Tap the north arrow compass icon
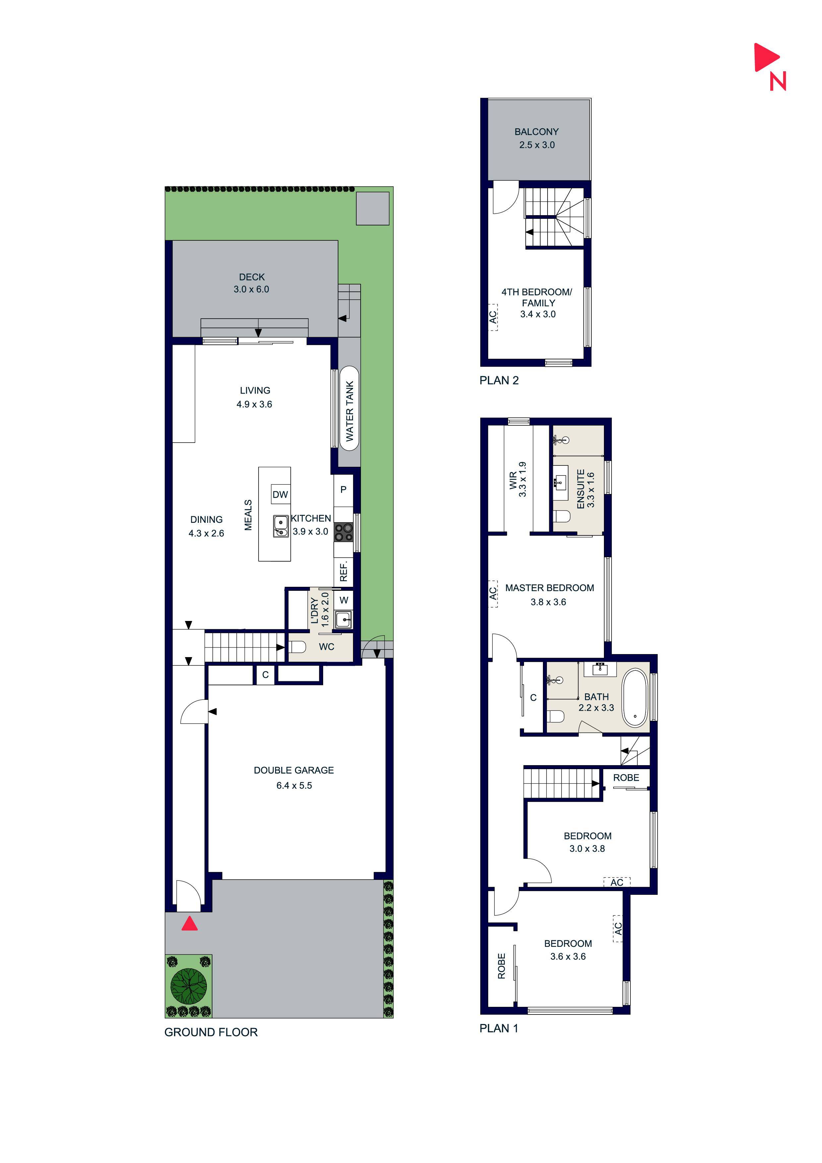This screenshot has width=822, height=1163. pyautogui.click(x=770, y=66)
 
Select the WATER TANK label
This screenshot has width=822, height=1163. pyautogui.click(x=349, y=411)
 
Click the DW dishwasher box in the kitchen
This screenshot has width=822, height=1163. pyautogui.click(x=280, y=494)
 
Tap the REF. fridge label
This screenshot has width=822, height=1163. pyautogui.click(x=343, y=571)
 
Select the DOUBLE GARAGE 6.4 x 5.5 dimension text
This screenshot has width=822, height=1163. pyautogui.click(x=294, y=785)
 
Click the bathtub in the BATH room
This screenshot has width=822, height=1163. pyautogui.click(x=635, y=698)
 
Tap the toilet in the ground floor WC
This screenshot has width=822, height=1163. pyautogui.click(x=297, y=647)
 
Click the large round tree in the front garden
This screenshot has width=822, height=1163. pyautogui.click(x=188, y=986)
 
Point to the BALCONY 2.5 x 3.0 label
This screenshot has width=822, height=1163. pyautogui.click(x=536, y=138)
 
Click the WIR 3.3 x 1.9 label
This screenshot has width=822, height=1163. pyautogui.click(x=518, y=479)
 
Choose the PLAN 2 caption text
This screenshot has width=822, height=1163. pyautogui.click(x=499, y=380)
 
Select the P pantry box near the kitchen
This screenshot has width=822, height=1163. pyautogui.click(x=343, y=490)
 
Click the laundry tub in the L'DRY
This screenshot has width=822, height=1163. pyautogui.click(x=343, y=619)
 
